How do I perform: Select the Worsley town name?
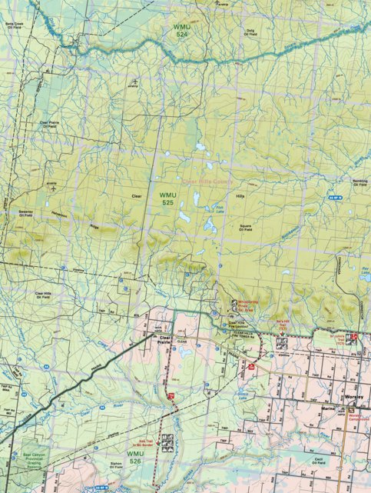(x=353, y=401)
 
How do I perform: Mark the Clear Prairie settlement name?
(x=163, y=339)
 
